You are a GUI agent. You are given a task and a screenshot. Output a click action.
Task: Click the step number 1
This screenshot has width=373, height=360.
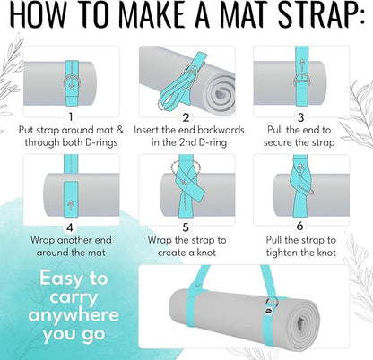pyautogui.click(x=71, y=116)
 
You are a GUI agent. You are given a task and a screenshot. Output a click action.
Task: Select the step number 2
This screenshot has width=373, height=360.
pyautogui.click(x=186, y=117)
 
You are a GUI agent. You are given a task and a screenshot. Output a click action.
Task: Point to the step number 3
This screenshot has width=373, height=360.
pyautogui.click(x=301, y=117)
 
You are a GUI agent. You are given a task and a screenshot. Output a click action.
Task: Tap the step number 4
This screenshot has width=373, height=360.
pyautogui.click(x=70, y=227)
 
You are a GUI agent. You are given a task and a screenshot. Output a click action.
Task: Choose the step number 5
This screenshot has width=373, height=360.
pyautogui.click(x=186, y=227)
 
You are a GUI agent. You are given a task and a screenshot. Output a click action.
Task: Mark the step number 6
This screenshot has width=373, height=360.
pyautogui.click(x=300, y=226)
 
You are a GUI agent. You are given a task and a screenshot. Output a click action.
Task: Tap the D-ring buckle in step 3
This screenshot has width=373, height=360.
pyautogui.click(x=301, y=80)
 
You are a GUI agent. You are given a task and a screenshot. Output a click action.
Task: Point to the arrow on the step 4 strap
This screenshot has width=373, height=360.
pyautogui.click(x=72, y=205)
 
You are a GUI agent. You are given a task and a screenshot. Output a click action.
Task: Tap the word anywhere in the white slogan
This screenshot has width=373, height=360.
pyautogui.click(x=74, y=315)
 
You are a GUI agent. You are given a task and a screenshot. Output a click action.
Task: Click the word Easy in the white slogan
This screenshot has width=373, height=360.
pyautogui.click(x=61, y=279)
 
